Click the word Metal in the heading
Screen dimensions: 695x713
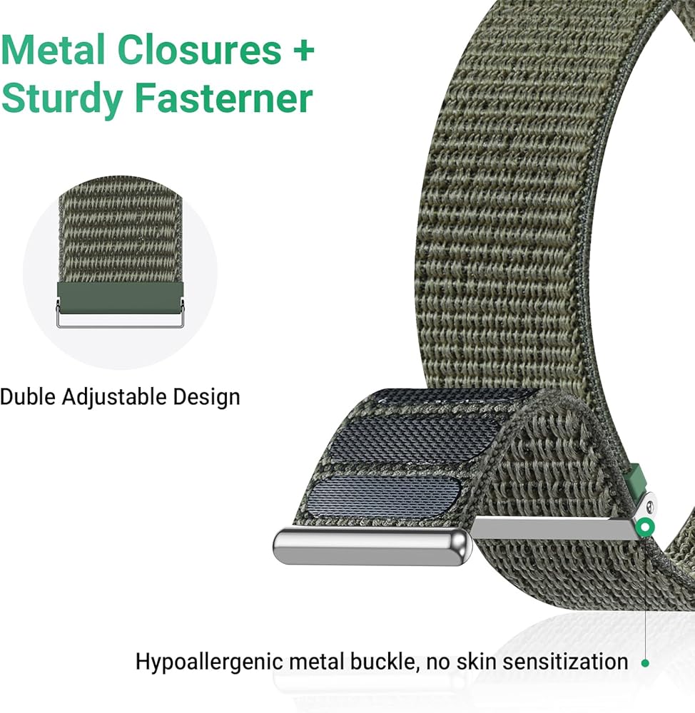point(54,51)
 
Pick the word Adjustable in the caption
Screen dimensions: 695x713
point(117,397)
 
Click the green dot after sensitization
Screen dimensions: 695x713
point(645,662)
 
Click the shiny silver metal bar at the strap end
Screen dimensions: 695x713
point(371,545)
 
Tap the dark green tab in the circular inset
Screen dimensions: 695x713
point(120,296)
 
